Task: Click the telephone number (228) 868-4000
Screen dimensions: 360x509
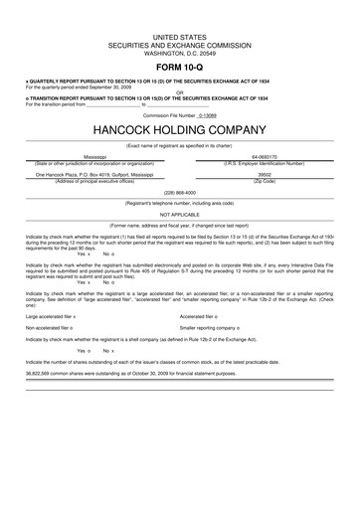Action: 180,192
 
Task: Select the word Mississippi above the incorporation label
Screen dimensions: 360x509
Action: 95,157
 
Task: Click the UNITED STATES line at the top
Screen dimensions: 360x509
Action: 180,29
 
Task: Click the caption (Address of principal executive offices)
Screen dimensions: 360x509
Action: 95,180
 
